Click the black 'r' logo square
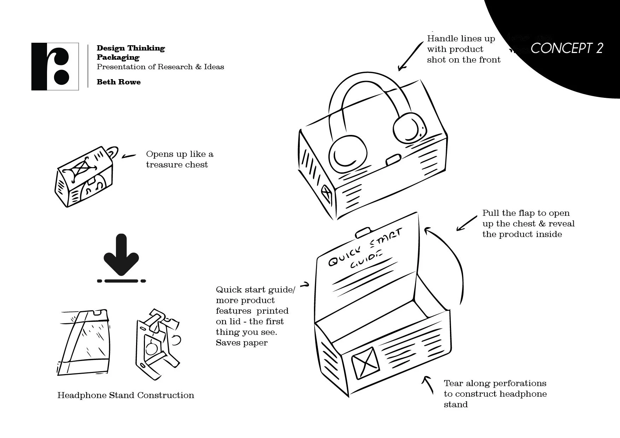[x=55, y=66]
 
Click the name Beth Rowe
[x=118, y=82]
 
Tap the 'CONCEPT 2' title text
[x=566, y=48]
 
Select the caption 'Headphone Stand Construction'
[x=125, y=395]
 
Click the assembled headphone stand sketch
[x=157, y=344]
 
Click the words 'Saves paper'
[x=241, y=343]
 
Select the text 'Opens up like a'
[x=180, y=154]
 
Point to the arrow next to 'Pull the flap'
[x=467, y=223]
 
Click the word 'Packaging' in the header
[x=118, y=57]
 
